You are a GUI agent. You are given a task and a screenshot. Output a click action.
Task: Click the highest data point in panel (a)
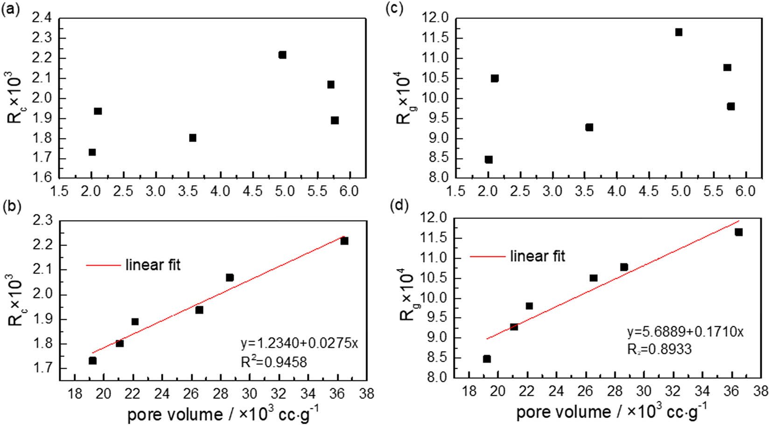(282, 55)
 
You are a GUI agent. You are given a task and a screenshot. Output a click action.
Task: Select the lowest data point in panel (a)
(92, 153)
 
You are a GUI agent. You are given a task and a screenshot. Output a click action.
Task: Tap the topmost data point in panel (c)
(679, 32)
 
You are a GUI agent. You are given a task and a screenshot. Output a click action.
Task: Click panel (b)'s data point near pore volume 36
(344, 241)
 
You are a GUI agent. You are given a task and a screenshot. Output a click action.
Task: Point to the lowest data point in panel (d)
(487, 359)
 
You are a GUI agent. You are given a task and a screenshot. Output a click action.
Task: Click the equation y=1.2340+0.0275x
(299, 343)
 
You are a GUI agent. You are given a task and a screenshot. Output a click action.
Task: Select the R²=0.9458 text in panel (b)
(273, 362)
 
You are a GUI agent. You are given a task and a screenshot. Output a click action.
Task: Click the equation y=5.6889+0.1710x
(685, 332)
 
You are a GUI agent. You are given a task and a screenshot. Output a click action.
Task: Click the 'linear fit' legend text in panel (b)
(153, 265)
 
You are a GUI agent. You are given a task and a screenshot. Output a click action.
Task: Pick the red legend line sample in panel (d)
(487, 256)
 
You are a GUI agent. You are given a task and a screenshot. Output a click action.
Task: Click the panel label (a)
(11, 9)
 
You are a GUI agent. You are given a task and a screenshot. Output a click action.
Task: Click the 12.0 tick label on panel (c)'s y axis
(435, 18)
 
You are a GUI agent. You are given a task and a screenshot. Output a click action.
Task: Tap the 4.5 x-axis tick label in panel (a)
(252, 191)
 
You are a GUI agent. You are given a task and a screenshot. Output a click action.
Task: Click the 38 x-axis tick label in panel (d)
(761, 391)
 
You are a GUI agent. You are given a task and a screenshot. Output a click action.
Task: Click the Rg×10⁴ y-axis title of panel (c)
(404, 98)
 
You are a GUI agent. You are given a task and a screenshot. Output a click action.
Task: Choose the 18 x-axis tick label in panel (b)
(75, 394)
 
